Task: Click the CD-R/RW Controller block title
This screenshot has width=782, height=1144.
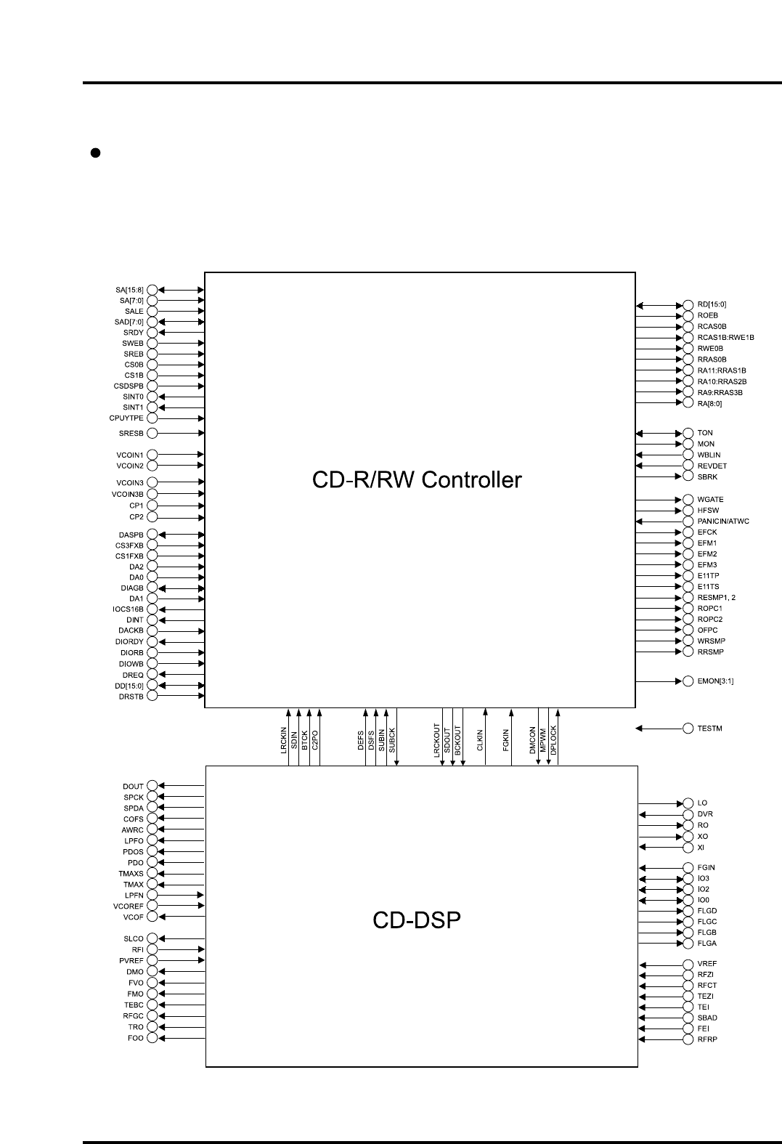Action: (417, 480)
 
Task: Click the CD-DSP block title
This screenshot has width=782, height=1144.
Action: (417, 920)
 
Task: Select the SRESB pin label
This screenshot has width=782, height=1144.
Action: (131, 434)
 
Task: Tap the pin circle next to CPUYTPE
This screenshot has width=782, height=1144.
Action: (152, 418)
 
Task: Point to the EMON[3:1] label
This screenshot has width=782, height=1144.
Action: (715, 681)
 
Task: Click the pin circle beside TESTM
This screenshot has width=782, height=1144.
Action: (688, 728)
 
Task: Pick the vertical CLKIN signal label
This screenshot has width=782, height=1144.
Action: (480, 740)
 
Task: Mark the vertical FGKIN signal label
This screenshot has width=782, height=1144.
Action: (506, 740)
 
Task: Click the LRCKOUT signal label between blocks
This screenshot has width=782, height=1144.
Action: (437, 740)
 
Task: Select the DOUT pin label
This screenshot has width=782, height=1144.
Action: (133, 786)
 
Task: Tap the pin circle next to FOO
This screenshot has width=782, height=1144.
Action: (152, 1038)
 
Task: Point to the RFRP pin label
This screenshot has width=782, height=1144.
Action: (706, 1039)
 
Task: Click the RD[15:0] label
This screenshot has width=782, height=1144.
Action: (712, 304)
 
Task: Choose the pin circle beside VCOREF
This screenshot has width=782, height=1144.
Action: (152, 906)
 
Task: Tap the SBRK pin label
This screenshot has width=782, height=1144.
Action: (707, 476)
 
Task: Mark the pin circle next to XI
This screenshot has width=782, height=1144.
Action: (688, 848)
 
